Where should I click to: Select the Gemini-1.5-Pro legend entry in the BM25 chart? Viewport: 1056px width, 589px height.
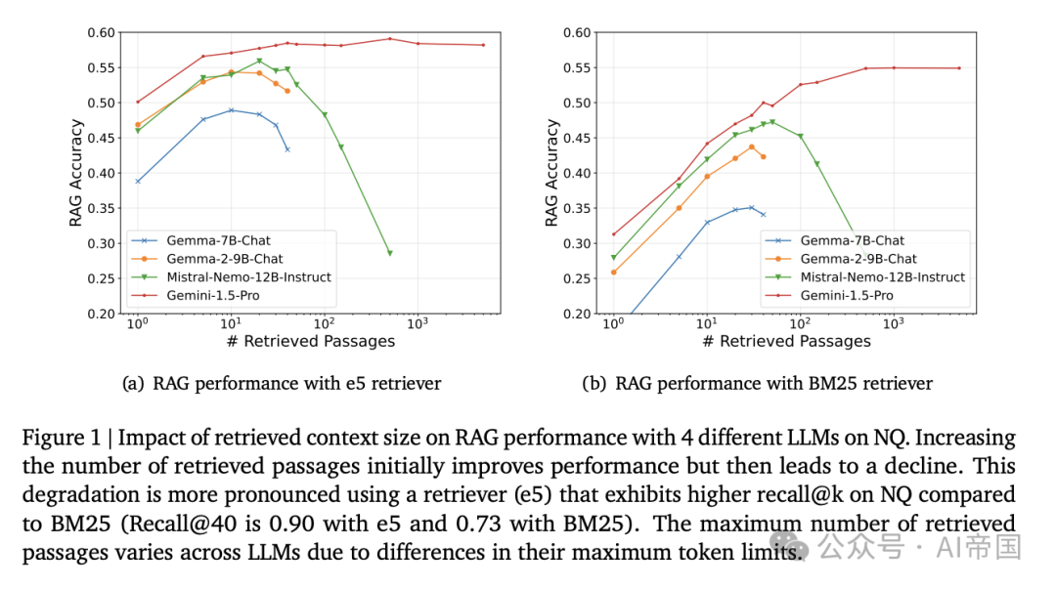[846, 295]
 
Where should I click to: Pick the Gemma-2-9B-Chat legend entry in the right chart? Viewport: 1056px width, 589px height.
[858, 259]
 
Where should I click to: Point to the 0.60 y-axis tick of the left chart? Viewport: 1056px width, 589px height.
[101, 32]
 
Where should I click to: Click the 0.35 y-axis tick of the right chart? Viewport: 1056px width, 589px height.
[577, 208]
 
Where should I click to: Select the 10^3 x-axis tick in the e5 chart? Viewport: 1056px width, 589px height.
[418, 323]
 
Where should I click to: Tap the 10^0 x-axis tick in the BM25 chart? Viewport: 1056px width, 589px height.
[613, 323]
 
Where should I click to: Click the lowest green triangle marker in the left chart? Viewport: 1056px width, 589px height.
[389, 254]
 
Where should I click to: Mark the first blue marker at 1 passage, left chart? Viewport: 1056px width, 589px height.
[138, 181]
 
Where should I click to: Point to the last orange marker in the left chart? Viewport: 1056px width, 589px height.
[287, 91]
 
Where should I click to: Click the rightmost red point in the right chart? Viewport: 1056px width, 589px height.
[959, 67]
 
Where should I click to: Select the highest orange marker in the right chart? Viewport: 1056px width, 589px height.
[752, 147]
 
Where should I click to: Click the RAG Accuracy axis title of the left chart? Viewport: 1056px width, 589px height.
[76, 173]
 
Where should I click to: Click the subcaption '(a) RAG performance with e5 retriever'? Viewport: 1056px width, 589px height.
[282, 384]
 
